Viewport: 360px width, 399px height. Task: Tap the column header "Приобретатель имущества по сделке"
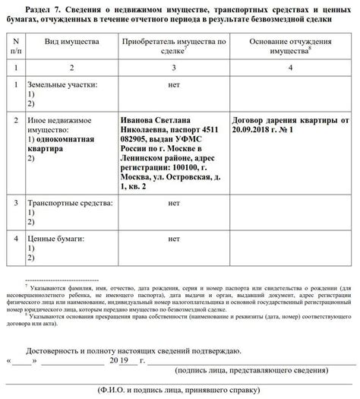174,45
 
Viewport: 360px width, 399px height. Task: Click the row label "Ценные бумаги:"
54,239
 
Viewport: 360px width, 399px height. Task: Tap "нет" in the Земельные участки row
174,86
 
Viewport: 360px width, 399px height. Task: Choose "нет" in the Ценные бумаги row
174,239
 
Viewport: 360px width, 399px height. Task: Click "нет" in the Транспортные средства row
174,204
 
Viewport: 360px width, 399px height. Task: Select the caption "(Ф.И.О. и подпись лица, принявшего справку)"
182,390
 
